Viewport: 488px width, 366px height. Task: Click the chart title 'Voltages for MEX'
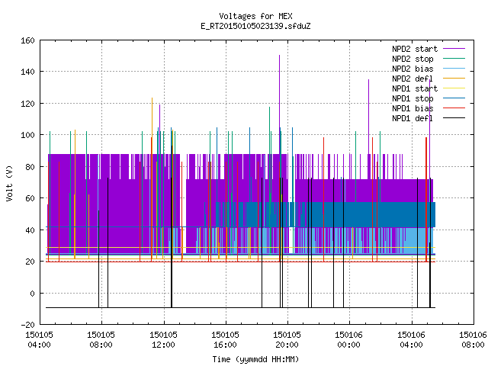(x=255, y=16)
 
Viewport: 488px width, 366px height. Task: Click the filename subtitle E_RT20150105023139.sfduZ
(x=255, y=26)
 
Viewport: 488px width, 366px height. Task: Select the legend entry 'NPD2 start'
(x=415, y=49)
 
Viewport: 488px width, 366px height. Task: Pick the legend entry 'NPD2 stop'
(x=413, y=59)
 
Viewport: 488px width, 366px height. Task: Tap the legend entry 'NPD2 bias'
(x=413, y=69)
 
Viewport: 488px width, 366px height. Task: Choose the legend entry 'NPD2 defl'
(x=413, y=79)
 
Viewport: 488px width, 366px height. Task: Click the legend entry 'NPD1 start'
(x=415, y=88)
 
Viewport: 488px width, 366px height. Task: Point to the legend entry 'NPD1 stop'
(x=413, y=98)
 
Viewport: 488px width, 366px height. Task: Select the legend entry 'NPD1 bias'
(x=413, y=108)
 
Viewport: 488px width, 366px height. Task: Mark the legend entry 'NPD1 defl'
(x=413, y=119)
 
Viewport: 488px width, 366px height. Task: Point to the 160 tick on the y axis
(x=27, y=40)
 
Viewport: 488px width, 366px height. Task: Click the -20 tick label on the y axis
(x=27, y=325)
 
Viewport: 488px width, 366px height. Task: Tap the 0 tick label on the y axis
(x=32, y=293)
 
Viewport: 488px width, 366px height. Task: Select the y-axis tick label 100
(x=27, y=135)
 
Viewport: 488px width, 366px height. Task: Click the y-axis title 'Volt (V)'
(x=9, y=183)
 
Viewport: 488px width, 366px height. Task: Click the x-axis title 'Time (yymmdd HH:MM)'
(x=255, y=359)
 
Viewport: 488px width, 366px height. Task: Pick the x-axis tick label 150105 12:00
(x=163, y=339)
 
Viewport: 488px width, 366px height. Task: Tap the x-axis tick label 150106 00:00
(x=349, y=339)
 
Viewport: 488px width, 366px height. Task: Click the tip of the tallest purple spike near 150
(x=280, y=56)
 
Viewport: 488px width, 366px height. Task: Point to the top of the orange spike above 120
(x=152, y=98)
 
